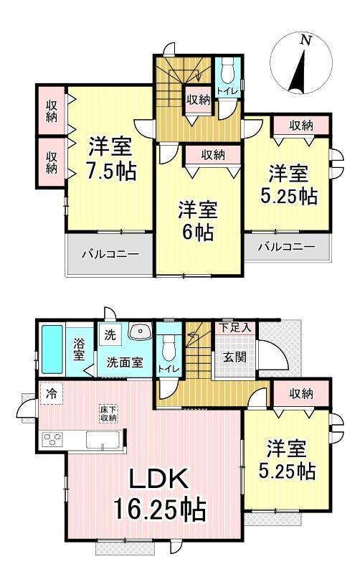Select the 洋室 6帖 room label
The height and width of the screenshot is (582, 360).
(x=198, y=221)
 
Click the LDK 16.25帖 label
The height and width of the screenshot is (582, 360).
(x=159, y=494)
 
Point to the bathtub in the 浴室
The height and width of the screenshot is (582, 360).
(x=52, y=349)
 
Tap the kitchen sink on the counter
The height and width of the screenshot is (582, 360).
(x=103, y=440)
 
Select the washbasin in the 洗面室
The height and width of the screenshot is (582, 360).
(x=140, y=330)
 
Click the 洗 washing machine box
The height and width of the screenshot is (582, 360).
(x=110, y=334)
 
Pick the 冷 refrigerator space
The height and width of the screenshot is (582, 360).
(x=52, y=393)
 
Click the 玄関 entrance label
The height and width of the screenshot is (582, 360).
(x=235, y=357)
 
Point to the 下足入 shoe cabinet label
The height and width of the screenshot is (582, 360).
(x=235, y=327)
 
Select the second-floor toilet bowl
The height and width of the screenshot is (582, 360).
(x=227, y=73)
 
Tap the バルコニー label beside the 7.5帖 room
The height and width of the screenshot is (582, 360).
(x=110, y=255)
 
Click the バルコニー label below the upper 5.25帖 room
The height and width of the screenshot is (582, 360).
(x=287, y=246)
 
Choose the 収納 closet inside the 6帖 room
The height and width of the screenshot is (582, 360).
(x=213, y=155)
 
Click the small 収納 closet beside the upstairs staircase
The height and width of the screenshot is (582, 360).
(x=199, y=100)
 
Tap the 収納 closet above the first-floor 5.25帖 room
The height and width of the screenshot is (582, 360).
(x=301, y=394)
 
